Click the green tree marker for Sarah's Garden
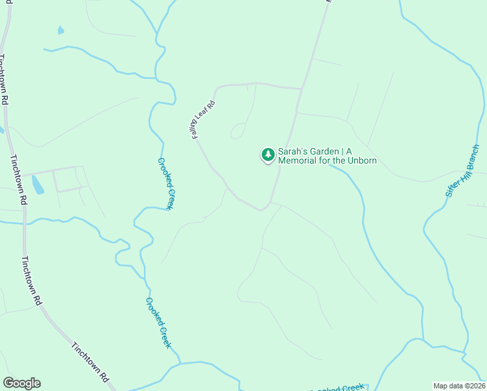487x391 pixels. [268, 154]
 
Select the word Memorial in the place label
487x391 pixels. [300, 161]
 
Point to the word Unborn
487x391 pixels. [362, 161]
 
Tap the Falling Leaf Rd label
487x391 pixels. [203, 119]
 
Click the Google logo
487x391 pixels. [21, 383]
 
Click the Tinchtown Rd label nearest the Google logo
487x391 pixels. [90, 362]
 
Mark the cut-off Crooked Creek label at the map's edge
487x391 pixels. [339, 387]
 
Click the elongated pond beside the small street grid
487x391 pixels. [37, 185]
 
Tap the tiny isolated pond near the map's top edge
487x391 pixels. [61, 30]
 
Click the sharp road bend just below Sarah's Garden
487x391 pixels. [262, 210]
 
